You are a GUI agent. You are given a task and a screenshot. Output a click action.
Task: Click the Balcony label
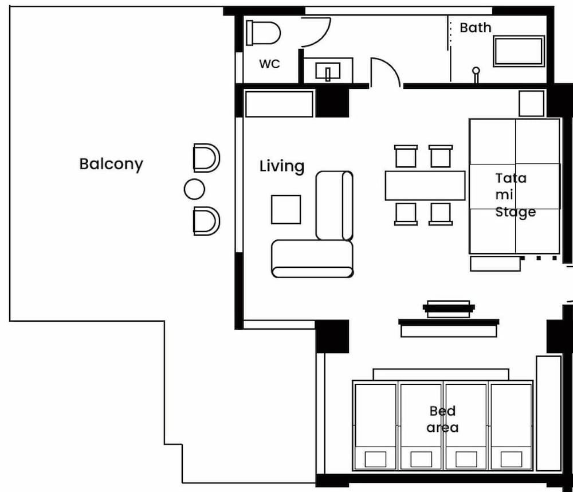(111, 164)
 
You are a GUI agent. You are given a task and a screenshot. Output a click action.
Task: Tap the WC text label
(269, 64)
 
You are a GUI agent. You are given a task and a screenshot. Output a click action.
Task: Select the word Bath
(475, 28)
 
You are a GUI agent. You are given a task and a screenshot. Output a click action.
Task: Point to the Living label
(282, 166)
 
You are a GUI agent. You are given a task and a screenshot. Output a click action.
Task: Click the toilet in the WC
(264, 33)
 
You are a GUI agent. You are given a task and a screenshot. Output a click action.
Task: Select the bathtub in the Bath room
(519, 51)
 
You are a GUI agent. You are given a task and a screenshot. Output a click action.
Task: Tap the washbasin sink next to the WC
(328, 71)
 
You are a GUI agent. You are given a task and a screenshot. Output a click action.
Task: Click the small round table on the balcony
(194, 189)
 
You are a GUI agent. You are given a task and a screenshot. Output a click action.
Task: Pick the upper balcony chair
(206, 158)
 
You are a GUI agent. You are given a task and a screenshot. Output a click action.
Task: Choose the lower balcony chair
(206, 221)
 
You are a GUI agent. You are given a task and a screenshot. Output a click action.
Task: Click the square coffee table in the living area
(286, 209)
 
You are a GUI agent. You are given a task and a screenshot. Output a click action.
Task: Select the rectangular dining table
(425, 185)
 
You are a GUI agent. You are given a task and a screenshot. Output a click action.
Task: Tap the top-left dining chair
(406, 156)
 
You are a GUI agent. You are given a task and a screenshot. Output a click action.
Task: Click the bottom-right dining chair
(441, 214)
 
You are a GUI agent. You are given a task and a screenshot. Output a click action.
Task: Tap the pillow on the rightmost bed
(511, 459)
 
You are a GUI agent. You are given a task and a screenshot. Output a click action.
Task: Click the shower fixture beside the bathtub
(476, 73)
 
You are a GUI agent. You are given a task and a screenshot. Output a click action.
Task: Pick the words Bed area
(443, 419)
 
